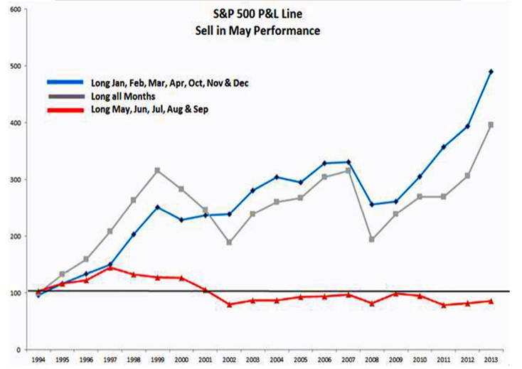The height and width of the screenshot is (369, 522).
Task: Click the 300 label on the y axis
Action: point(16,180)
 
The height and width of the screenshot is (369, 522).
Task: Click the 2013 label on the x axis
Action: point(491,361)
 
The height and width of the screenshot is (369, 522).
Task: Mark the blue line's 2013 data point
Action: point(491,72)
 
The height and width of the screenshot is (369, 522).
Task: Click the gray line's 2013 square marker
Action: point(491,124)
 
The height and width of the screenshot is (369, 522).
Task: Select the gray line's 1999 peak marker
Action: point(156,171)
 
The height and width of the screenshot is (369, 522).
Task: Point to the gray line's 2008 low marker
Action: point(392,240)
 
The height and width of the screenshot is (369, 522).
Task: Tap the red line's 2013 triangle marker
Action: point(491,301)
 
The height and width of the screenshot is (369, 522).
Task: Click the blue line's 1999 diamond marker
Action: point(156,207)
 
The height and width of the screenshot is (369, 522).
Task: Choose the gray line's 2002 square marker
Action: point(229,242)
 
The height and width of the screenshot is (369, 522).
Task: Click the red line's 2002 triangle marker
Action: point(229,305)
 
